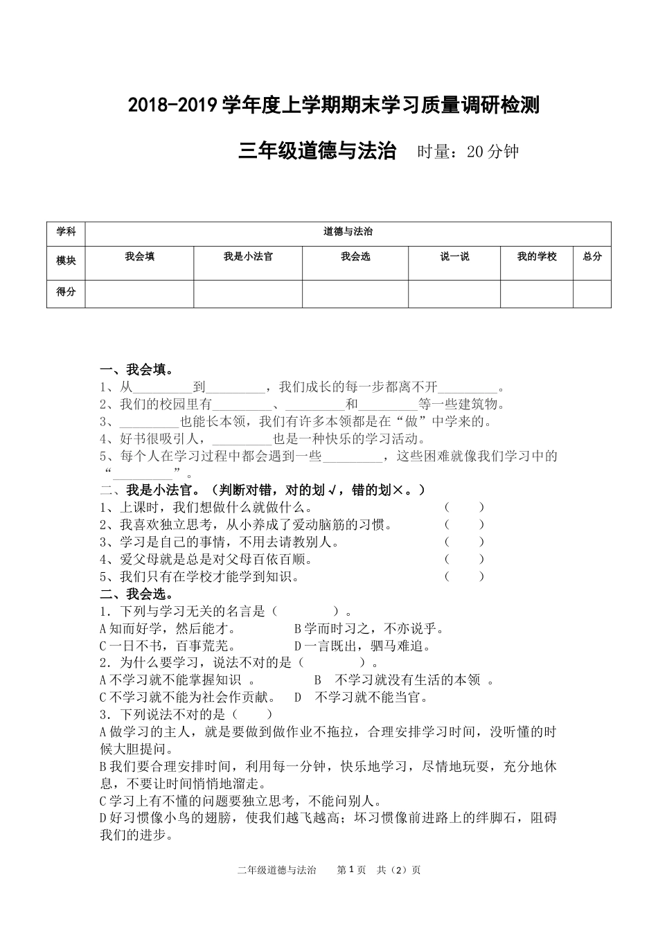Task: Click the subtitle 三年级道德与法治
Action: (x=317, y=151)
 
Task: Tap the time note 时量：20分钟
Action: (x=468, y=152)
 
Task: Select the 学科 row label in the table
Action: (x=66, y=232)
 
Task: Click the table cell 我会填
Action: (x=139, y=257)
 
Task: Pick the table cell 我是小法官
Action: (x=248, y=257)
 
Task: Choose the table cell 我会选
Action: (x=355, y=257)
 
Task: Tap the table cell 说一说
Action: (x=454, y=257)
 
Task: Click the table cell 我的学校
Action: (x=537, y=257)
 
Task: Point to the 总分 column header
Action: (x=592, y=257)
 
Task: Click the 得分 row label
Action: (x=66, y=292)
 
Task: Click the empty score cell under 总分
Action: (x=592, y=294)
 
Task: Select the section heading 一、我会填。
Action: (x=136, y=370)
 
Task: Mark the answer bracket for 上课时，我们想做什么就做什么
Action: (x=464, y=508)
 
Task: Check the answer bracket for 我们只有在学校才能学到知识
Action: (x=464, y=576)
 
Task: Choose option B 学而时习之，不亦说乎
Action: (x=369, y=629)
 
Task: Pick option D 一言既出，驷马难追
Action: (x=364, y=646)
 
